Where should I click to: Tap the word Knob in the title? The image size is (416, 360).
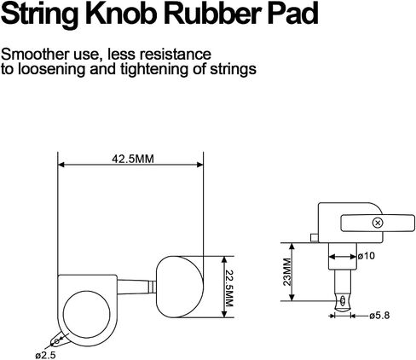click(123, 14)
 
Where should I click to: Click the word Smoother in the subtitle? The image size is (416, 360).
click(35, 55)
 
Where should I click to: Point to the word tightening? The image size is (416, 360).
click(154, 69)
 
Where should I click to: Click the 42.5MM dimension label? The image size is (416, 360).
click(133, 159)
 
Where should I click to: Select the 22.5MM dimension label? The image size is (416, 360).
click(228, 287)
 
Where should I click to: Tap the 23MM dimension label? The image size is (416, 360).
click(287, 272)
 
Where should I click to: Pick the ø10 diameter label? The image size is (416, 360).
click(367, 256)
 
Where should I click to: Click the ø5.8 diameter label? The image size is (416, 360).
click(379, 316)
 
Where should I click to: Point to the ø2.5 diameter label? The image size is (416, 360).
click(45, 355)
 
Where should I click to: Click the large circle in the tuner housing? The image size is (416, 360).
click(86, 315)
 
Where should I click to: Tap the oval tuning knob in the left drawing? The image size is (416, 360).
click(180, 287)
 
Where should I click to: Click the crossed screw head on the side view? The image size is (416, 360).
click(378, 223)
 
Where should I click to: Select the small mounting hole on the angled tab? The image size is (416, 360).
click(57, 340)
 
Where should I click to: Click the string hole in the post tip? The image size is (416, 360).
click(343, 300)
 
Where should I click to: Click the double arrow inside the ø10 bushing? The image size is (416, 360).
click(343, 257)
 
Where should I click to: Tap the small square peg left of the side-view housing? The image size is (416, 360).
click(315, 238)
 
